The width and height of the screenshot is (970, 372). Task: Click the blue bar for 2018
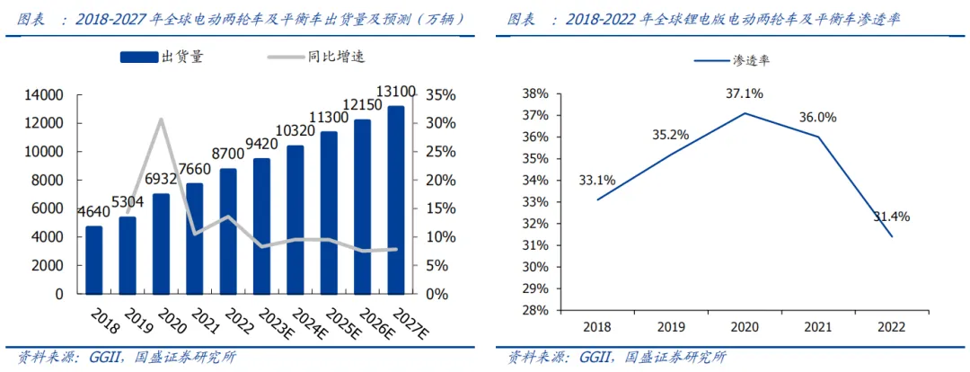pyautogui.click(x=93, y=260)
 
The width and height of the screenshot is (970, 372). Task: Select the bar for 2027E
pyautogui.click(x=395, y=200)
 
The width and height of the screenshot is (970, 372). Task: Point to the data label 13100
pyautogui.click(x=395, y=92)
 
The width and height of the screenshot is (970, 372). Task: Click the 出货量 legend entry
pyautogui.click(x=163, y=58)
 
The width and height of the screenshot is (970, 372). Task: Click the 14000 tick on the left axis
pyautogui.click(x=44, y=95)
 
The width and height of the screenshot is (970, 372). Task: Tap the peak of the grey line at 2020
pyautogui.click(x=161, y=120)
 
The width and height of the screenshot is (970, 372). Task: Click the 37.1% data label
pyautogui.click(x=745, y=93)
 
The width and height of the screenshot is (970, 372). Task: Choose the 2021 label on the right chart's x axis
pyautogui.click(x=817, y=328)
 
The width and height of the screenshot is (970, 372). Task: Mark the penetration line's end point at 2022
pyautogui.click(x=891, y=236)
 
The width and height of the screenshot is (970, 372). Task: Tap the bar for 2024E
pyautogui.click(x=295, y=219)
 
